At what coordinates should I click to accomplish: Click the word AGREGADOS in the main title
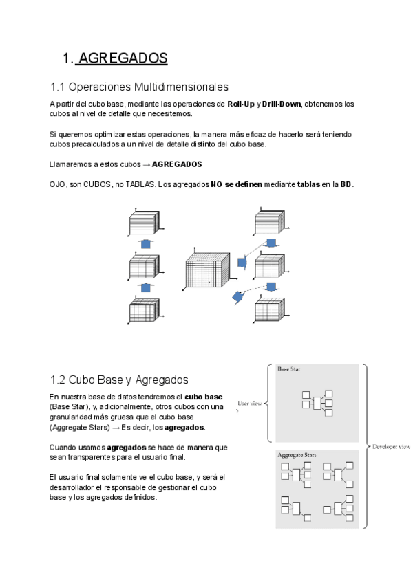point(123,58)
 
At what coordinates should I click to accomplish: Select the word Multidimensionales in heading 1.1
point(182,87)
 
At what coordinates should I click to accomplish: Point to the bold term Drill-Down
point(282,104)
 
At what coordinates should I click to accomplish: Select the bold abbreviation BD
point(346,184)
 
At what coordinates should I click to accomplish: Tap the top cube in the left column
point(144,225)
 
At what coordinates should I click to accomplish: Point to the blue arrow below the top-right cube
point(271,243)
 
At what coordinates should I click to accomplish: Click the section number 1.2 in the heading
point(59,379)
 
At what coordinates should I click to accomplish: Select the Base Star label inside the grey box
point(289,370)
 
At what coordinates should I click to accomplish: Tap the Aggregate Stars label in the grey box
point(297,455)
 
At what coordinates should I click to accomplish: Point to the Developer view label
point(390,446)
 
